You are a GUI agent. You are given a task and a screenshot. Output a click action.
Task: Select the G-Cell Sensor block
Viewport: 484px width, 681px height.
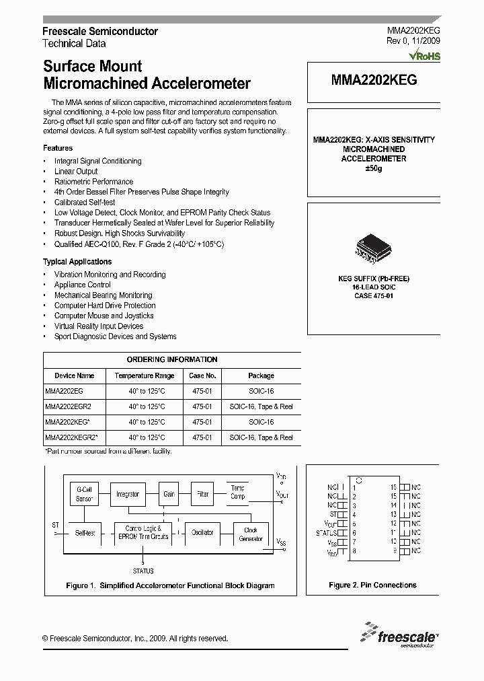(85, 495)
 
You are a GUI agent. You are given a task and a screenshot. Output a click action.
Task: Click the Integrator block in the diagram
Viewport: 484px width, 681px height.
(127, 494)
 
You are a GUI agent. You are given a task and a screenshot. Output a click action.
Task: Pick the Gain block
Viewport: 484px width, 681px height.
(169, 494)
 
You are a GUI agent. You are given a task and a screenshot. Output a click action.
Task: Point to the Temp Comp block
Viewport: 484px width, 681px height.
(238, 492)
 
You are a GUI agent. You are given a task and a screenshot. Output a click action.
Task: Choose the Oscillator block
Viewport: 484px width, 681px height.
(202, 532)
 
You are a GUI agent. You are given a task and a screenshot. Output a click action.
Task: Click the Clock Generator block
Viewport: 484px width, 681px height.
(250, 534)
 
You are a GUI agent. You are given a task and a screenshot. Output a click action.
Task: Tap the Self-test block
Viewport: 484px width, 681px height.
(85, 532)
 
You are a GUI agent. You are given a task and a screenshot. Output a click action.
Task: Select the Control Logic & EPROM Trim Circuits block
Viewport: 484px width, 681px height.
(143, 532)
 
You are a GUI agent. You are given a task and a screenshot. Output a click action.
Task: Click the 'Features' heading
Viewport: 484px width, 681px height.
(58, 148)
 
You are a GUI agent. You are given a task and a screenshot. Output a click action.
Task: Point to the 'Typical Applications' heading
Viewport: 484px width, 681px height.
(77, 262)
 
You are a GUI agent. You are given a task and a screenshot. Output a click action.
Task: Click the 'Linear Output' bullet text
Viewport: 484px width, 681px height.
(76, 172)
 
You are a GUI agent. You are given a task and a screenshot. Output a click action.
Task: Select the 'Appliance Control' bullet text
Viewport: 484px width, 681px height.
(83, 285)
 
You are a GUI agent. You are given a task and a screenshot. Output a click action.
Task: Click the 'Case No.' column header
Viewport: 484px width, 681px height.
(202, 375)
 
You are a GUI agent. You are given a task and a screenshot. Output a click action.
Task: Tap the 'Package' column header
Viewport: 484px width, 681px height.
(261, 375)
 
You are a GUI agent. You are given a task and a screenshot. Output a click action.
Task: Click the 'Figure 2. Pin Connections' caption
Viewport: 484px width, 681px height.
(372, 585)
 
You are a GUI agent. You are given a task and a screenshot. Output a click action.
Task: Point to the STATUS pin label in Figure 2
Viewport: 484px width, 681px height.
(326, 532)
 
